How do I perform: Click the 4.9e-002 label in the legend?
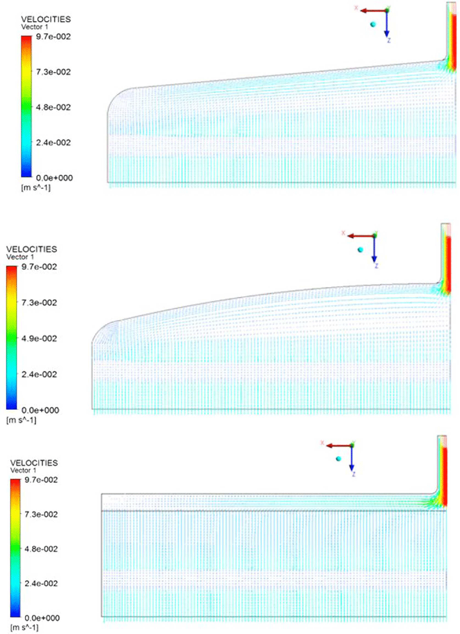point(39,339)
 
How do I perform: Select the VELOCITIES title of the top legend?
point(46,19)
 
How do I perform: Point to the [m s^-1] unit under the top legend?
point(36,187)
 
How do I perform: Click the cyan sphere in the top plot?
point(373,24)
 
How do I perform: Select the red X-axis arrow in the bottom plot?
point(339,445)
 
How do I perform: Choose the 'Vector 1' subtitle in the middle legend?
point(20,257)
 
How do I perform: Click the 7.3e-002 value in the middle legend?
point(39,303)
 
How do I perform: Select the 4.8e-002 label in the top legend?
point(53,107)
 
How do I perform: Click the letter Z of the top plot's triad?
point(389,41)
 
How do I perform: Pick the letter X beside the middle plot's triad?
point(344,234)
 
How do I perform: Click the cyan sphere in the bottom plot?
point(339,458)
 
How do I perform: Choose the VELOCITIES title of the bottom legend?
point(34,463)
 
